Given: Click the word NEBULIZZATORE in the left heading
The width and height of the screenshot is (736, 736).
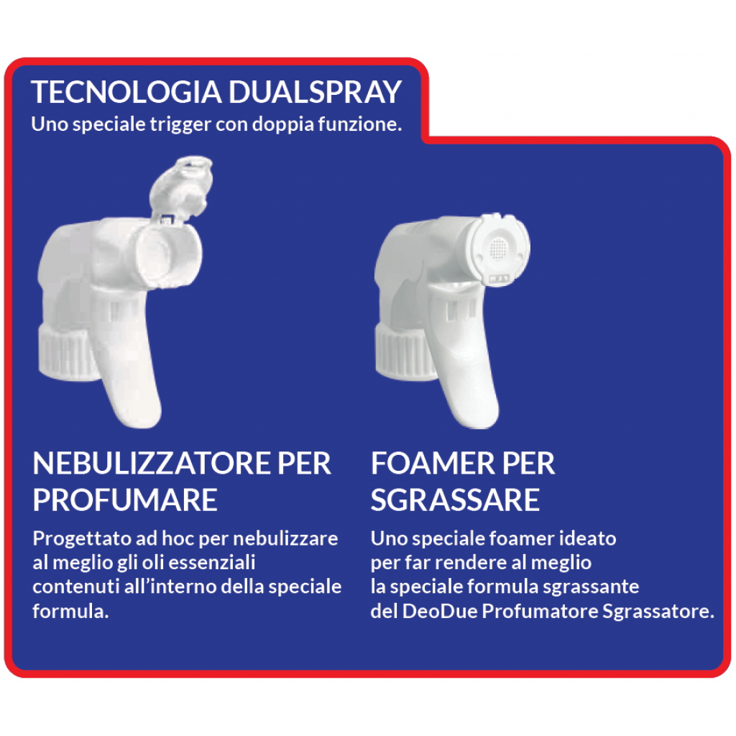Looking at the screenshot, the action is point(151,464).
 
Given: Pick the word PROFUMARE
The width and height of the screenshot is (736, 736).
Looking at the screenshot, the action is point(125,500).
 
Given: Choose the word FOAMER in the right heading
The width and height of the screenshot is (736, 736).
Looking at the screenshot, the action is point(433,464).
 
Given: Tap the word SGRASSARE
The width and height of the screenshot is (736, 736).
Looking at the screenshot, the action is point(455,500).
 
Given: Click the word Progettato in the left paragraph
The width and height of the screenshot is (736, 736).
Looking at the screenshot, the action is point(82,539).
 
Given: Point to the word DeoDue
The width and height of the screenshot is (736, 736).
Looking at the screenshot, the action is point(440,611).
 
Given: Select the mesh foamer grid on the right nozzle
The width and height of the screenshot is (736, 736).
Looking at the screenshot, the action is point(498,247).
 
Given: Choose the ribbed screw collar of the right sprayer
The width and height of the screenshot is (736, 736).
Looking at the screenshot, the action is point(405,352).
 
